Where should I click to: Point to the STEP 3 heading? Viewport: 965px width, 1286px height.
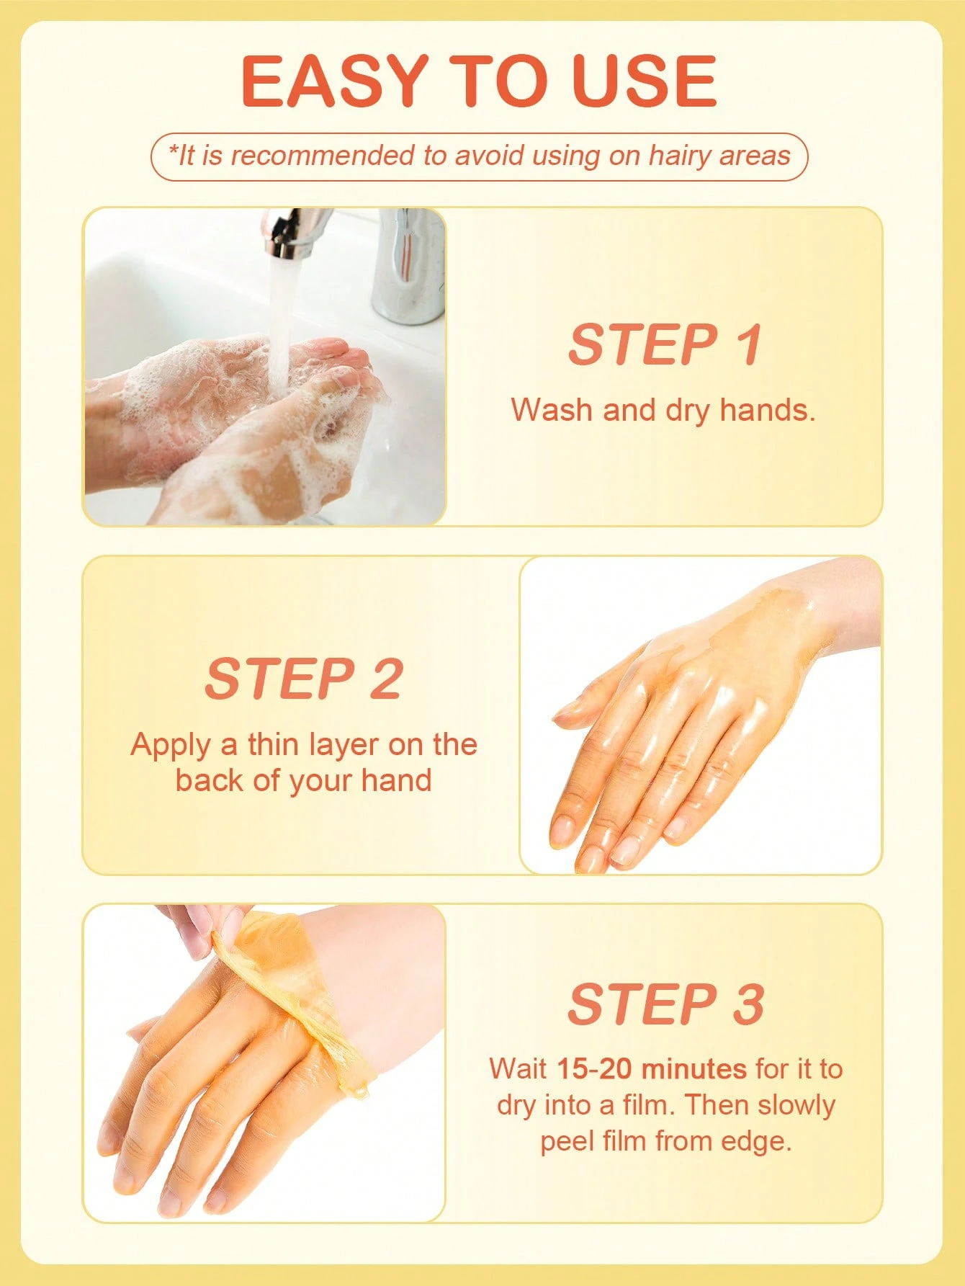[665, 1004]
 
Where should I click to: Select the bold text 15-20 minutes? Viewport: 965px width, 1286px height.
[652, 1068]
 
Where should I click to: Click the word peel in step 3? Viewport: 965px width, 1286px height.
[566, 1143]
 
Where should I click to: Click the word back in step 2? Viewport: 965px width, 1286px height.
[210, 780]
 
